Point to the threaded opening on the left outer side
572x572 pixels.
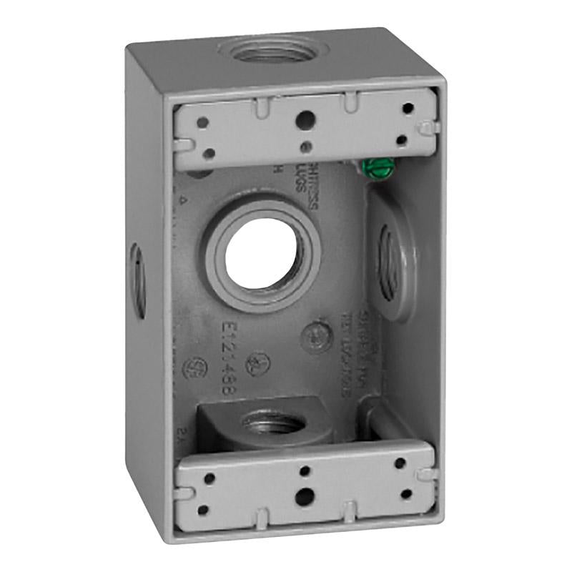(137, 280)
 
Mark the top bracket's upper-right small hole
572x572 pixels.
(408, 109)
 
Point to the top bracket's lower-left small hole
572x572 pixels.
(209, 152)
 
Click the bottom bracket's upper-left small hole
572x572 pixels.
(209, 474)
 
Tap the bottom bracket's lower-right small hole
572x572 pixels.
(406, 493)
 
